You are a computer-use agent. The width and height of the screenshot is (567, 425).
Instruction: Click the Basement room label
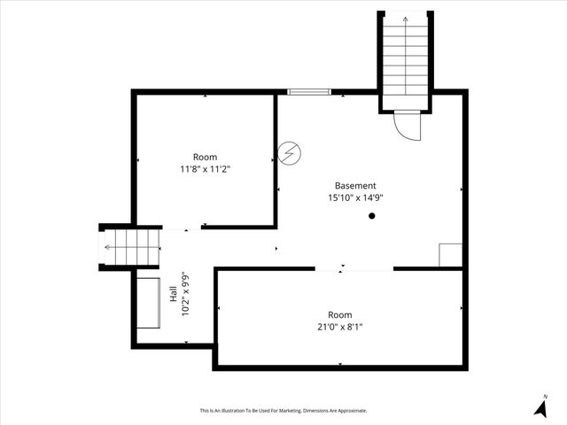(x=354, y=186)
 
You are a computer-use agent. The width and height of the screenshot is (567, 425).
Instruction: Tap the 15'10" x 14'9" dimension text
(x=354, y=198)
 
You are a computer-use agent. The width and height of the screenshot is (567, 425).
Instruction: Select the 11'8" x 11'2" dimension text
(x=205, y=168)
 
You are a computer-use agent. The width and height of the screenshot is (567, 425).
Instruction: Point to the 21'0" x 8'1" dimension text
(x=339, y=327)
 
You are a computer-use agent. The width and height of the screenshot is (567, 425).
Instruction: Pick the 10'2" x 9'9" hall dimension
(x=185, y=295)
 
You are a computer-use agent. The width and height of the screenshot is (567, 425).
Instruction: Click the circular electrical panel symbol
(x=289, y=153)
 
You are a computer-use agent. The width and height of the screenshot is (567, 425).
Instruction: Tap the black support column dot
(x=372, y=215)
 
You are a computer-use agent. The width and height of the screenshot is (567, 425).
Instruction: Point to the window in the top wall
(x=309, y=91)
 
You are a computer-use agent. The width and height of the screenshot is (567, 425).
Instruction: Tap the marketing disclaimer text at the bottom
(x=283, y=410)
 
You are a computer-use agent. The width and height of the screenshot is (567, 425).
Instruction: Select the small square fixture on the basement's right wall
(x=450, y=253)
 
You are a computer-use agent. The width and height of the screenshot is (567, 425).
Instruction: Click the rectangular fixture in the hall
(x=148, y=303)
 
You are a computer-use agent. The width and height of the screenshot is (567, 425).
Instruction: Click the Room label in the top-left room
(x=205, y=157)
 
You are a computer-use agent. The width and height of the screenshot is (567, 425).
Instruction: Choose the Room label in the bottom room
(x=339, y=315)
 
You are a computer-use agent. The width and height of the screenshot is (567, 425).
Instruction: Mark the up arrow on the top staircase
(x=406, y=18)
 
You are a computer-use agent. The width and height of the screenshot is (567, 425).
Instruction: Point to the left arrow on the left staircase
(x=108, y=247)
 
